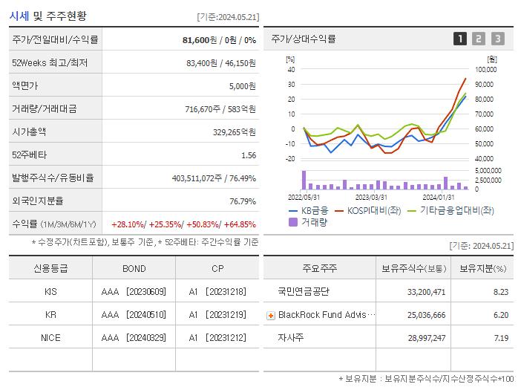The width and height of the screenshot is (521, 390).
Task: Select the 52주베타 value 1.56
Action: click(x=249, y=155)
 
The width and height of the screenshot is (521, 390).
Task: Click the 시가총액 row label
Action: click(x=29, y=132)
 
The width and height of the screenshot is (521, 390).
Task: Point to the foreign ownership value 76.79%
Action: click(x=243, y=201)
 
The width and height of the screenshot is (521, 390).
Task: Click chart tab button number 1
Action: click(x=460, y=39)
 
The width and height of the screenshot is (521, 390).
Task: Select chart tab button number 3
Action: click(x=497, y=39)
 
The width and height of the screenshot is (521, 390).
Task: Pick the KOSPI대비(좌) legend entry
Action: click(x=368, y=210)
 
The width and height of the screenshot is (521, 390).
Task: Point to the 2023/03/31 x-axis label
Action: click(x=371, y=198)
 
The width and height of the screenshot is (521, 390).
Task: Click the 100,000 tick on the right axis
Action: click(x=485, y=70)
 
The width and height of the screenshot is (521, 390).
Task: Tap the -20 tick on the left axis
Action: click(x=291, y=159)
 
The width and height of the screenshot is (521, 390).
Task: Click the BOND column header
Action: click(x=134, y=269)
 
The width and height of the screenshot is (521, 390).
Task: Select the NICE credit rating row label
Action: click(x=50, y=337)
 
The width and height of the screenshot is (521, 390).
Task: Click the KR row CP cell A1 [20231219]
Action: click(x=217, y=315)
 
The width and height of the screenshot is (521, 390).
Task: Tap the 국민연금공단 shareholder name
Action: click(x=303, y=292)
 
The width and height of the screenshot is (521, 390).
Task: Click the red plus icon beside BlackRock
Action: click(x=271, y=315)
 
